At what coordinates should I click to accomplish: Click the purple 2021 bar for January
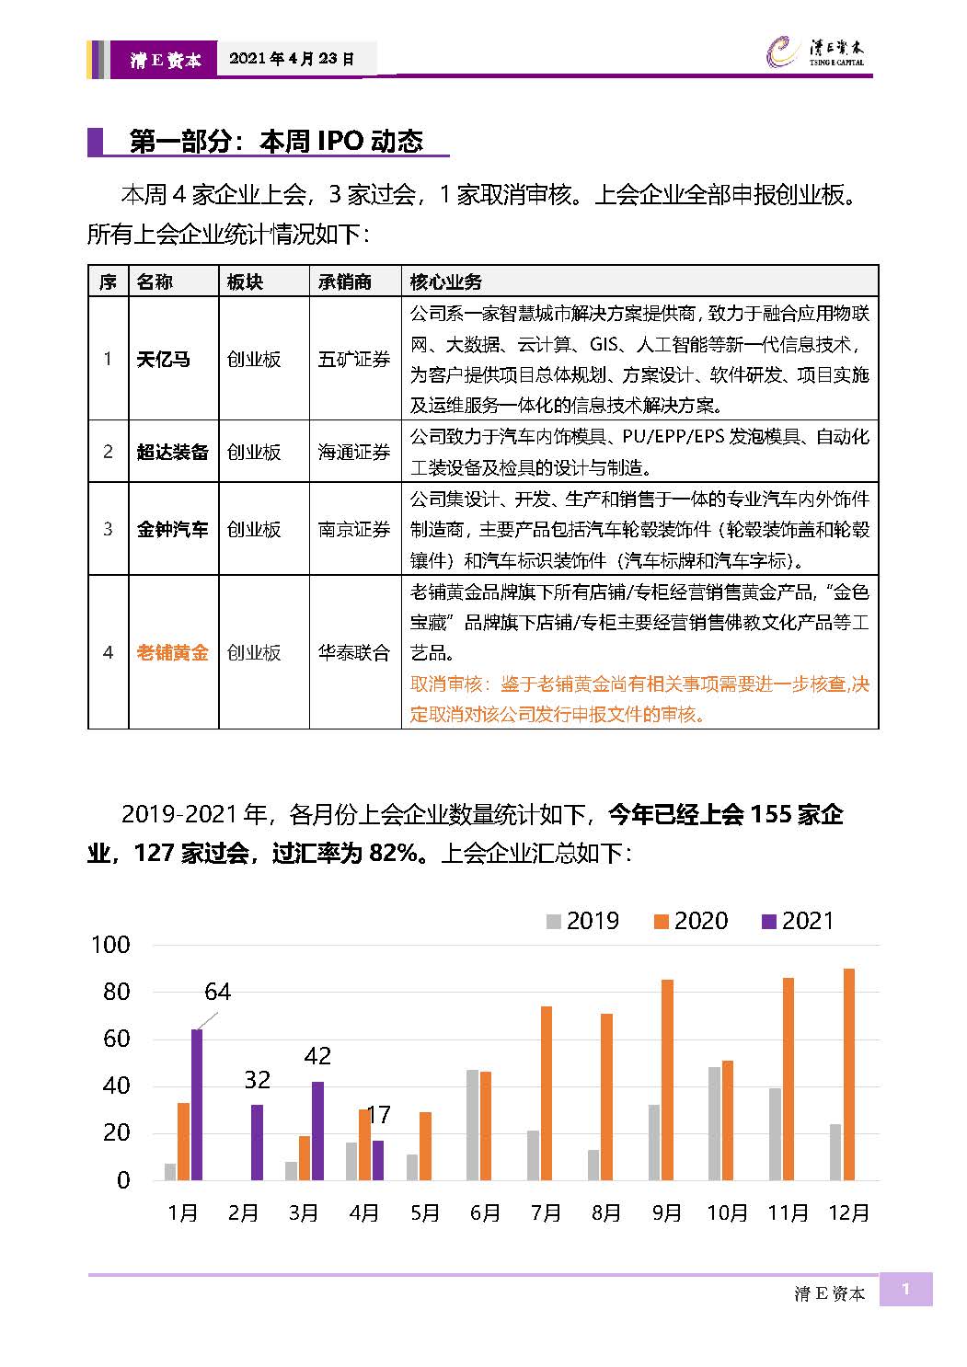(197, 1105)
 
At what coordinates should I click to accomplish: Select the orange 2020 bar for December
(848, 1074)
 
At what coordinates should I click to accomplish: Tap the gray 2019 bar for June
(473, 1125)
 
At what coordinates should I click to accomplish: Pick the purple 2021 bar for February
(257, 1143)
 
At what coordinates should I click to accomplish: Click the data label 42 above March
(317, 1056)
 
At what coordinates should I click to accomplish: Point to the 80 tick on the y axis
(117, 992)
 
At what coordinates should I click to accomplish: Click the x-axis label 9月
(667, 1212)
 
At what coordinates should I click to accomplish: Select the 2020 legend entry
(691, 921)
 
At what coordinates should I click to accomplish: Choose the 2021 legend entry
(798, 921)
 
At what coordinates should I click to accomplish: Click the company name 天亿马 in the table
(163, 360)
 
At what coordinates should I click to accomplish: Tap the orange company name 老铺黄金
(172, 652)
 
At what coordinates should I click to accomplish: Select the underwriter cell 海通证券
(354, 452)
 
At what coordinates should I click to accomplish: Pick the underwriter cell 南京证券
(354, 529)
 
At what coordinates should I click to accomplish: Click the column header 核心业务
(445, 281)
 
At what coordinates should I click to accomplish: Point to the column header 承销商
(345, 281)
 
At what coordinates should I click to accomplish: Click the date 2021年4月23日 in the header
(292, 59)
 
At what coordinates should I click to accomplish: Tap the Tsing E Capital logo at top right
(815, 52)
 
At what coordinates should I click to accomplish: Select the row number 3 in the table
(108, 529)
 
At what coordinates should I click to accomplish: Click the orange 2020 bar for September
(667, 1080)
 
